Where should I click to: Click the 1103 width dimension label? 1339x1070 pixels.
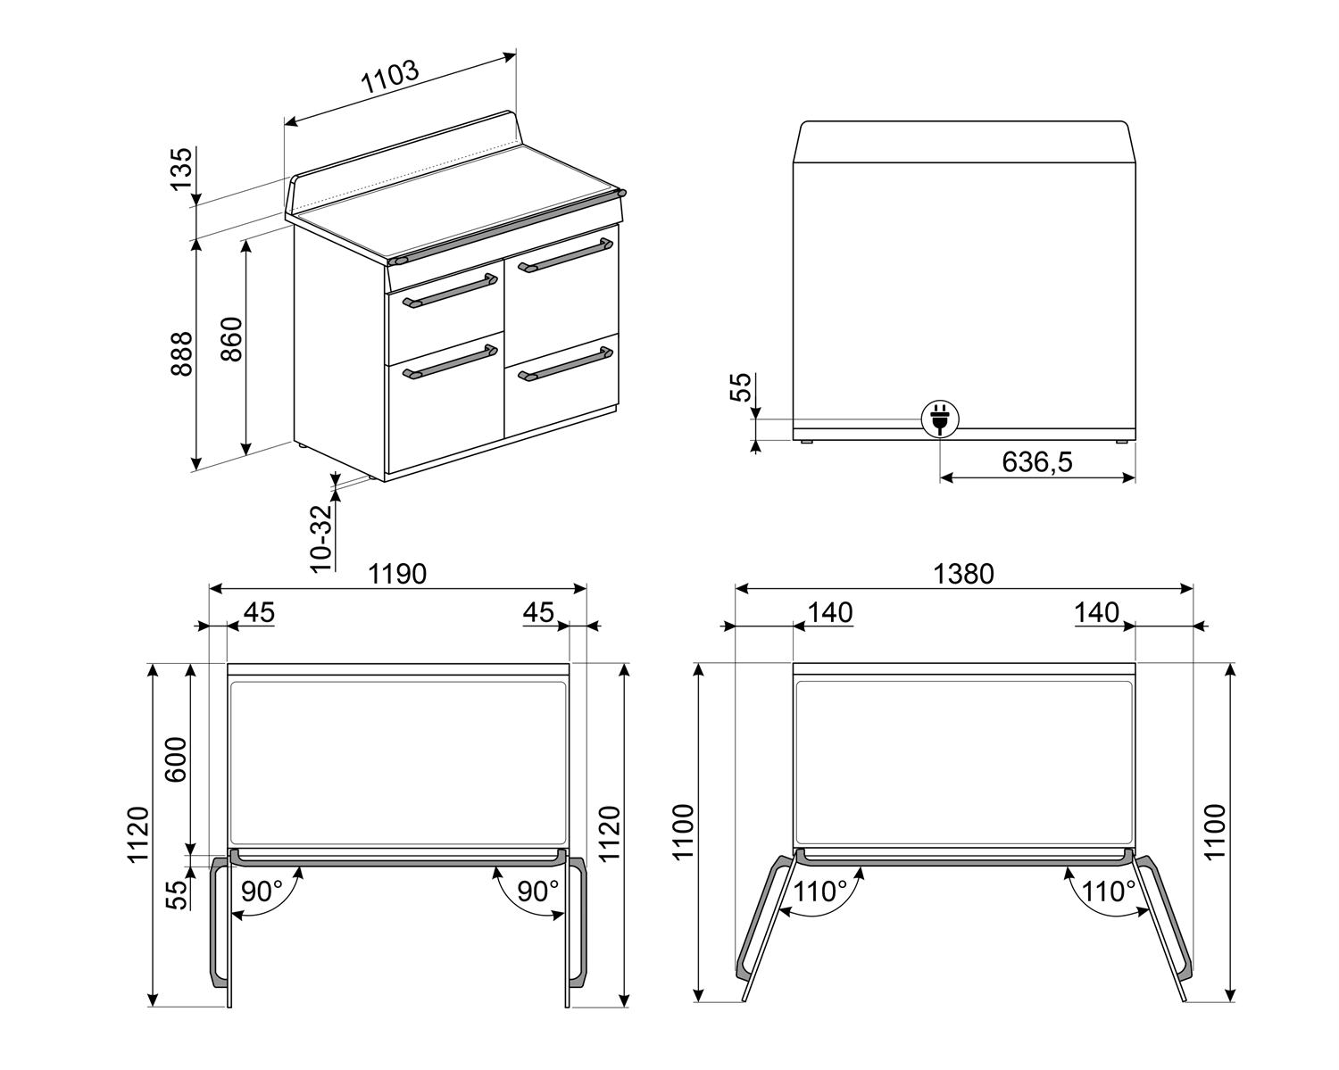coord(390,79)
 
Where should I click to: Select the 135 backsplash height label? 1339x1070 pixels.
coord(181,169)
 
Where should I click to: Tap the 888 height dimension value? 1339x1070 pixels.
coord(181,354)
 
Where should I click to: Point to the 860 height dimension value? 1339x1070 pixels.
coord(231,339)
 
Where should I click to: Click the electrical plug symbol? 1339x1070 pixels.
coord(939,418)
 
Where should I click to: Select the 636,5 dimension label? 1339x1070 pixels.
coord(1036,461)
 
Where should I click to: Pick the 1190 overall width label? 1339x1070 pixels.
coord(397,573)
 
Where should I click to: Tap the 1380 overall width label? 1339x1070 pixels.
coord(963,573)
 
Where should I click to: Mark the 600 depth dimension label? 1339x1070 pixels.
coord(176,759)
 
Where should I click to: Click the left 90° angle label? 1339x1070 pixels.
coord(262,891)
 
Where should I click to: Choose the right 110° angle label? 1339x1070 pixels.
coord(1109,891)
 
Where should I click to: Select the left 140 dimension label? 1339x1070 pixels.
coord(830,612)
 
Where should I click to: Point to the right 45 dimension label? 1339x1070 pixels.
coord(538,612)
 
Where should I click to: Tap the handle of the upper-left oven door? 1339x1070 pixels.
coord(449,292)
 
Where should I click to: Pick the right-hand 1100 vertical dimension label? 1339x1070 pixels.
coord(1215,832)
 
